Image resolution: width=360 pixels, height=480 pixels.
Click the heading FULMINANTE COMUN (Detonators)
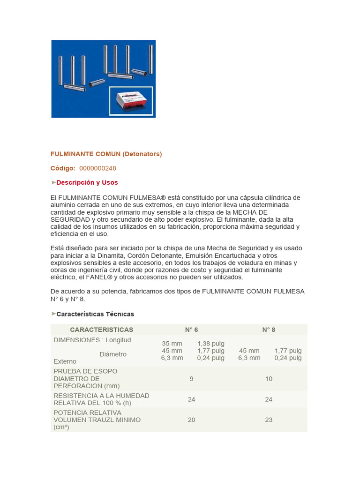coord(106,154)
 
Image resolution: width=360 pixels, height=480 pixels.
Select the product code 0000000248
coord(97,168)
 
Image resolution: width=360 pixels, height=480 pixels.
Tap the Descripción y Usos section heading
coord(87,182)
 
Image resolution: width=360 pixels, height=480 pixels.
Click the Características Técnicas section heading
coord(95,314)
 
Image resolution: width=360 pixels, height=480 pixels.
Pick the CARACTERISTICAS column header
coord(101,330)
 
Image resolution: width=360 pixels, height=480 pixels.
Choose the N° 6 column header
coord(191,330)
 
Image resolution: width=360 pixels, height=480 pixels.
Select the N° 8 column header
coord(269,330)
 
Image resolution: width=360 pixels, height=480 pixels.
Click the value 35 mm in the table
coord(172,344)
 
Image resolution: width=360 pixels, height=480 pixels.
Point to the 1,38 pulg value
coord(211,344)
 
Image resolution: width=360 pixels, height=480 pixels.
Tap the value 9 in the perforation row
coord(191,379)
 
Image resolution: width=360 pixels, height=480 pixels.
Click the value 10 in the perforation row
coord(269,379)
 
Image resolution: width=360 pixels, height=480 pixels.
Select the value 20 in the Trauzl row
coord(191,420)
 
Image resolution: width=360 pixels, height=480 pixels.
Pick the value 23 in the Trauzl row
coord(269,420)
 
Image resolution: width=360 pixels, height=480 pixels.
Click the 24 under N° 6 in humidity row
coord(191,399)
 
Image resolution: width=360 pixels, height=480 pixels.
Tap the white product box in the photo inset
coord(131,101)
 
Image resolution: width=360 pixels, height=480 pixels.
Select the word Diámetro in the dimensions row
coord(113,354)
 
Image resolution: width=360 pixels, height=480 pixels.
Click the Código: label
coord(63,168)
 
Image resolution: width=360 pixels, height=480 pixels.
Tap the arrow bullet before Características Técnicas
coord(53,314)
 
